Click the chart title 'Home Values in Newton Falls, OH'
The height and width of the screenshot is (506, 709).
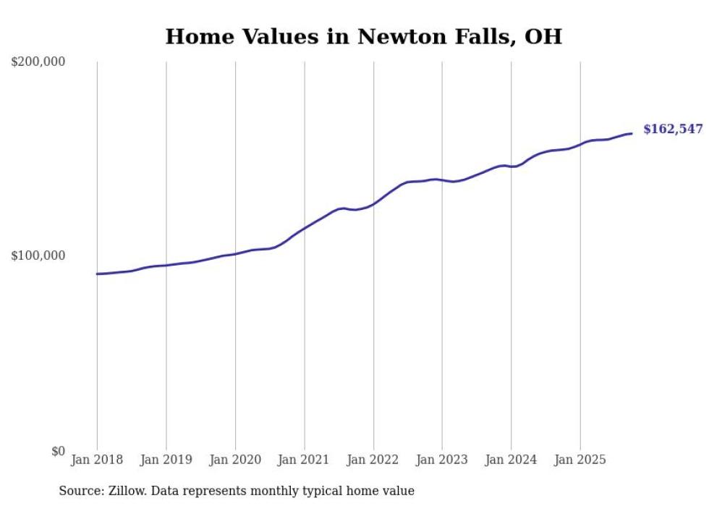[x=363, y=36]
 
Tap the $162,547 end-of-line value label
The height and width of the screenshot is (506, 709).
[x=673, y=130]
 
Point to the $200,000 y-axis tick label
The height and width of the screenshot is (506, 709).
[x=38, y=62]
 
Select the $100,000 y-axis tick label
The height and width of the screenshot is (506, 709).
[x=38, y=256]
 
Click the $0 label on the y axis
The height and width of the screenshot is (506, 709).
[x=58, y=452]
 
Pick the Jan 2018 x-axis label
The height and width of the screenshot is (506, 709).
[x=97, y=460]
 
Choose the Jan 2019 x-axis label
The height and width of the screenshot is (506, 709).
[x=166, y=460]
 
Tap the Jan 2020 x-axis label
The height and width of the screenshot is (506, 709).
[x=235, y=460]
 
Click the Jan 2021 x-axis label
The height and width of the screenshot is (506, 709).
[x=304, y=460]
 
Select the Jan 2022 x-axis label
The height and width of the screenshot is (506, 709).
[x=373, y=460]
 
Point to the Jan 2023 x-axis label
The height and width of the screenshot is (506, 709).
[x=442, y=460]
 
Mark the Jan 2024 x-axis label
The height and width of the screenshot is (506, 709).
[x=511, y=460]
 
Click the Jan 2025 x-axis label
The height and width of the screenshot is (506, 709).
[x=579, y=460]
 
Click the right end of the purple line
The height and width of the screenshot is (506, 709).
[x=632, y=133]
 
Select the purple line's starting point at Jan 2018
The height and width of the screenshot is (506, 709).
[x=97, y=274]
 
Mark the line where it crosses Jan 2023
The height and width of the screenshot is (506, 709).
[x=442, y=180]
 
